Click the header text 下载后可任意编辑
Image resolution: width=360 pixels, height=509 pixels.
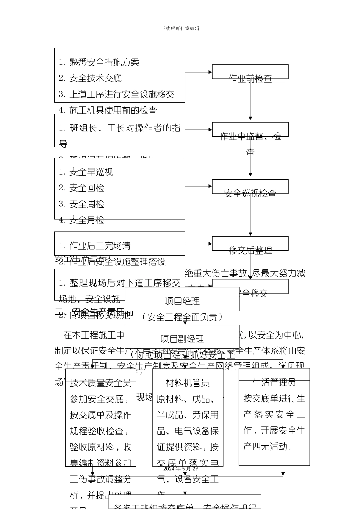point(180,28)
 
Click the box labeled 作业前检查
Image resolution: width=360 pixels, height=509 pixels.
point(250,72)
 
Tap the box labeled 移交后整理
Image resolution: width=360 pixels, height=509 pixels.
point(250,244)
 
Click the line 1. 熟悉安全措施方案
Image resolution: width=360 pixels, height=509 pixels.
point(99,62)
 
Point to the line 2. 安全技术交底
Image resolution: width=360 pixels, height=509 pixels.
point(90,78)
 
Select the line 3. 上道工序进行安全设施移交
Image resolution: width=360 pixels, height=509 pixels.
point(117,94)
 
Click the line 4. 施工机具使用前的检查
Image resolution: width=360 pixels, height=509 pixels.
point(108,110)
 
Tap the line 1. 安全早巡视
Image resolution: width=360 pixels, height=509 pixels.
point(86,172)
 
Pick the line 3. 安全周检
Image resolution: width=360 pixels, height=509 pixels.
point(81,204)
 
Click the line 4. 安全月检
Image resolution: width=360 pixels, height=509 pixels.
point(81,220)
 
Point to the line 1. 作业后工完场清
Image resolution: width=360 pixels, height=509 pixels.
point(95,246)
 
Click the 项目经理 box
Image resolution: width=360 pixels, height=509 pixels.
point(182,301)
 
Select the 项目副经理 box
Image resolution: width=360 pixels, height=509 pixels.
point(182,338)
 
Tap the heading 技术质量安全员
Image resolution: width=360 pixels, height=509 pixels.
point(100,383)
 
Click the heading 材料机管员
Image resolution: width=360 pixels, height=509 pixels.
point(188,383)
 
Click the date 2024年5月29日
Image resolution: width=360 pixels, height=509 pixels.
point(183,468)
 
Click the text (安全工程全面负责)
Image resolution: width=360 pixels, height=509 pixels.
point(182,317)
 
